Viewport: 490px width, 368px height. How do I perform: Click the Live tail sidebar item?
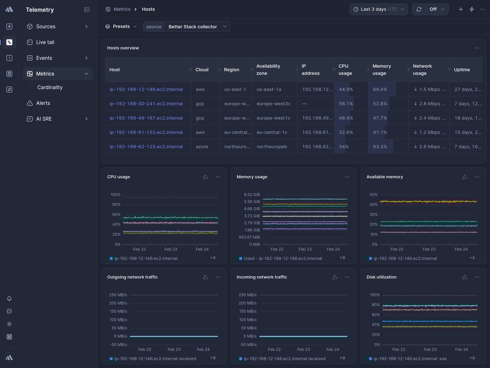[45, 42]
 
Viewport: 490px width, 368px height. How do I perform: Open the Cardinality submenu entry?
[50, 88]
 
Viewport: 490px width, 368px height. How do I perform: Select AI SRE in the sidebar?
[44, 119]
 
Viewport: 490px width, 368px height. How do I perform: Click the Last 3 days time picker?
[378, 9]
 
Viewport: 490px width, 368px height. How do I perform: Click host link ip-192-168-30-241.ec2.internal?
[146, 104]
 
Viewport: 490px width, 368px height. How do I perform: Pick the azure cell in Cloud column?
[202, 147]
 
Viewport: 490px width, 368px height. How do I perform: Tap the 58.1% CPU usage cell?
[346, 104]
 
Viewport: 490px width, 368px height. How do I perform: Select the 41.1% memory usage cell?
[380, 132]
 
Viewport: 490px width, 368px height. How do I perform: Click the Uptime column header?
[462, 70]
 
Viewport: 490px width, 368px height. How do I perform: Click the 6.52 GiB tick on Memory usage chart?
[252, 195]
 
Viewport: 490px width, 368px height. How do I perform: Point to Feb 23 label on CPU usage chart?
[171, 249]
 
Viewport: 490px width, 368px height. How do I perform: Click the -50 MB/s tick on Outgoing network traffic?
[118, 345]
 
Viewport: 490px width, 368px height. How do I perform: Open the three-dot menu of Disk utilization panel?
[477, 277]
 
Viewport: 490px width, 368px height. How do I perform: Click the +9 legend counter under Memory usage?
[342, 258]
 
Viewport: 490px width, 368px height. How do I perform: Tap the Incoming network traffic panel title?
[262, 277]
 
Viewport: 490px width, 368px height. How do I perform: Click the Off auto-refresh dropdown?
[437, 9]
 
